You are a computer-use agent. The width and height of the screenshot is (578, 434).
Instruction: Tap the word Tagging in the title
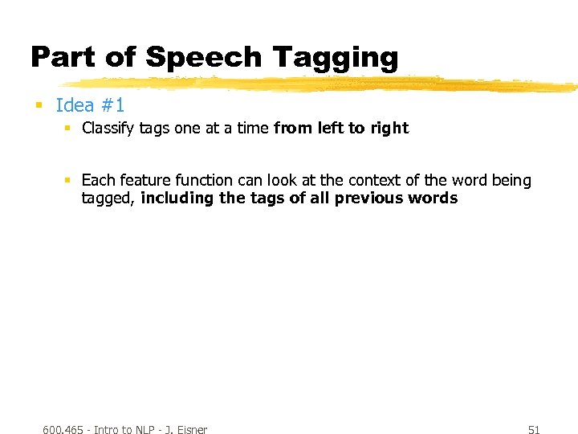click(x=336, y=58)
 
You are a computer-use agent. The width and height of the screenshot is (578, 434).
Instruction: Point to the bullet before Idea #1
click(x=38, y=105)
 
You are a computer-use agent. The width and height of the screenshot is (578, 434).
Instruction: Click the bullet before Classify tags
click(x=68, y=129)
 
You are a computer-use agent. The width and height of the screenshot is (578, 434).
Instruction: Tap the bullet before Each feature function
click(x=68, y=181)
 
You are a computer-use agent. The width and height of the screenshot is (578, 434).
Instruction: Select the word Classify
click(x=108, y=129)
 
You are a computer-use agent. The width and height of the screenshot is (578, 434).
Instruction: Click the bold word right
click(x=389, y=129)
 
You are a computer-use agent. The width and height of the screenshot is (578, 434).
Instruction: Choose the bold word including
click(x=177, y=199)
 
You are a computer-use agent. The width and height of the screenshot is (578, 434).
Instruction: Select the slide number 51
click(x=534, y=430)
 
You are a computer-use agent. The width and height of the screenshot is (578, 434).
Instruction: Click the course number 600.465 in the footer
click(x=63, y=430)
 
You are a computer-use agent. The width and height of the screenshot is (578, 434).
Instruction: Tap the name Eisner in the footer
click(x=191, y=430)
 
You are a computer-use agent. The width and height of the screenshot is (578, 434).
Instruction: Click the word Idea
click(x=75, y=105)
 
